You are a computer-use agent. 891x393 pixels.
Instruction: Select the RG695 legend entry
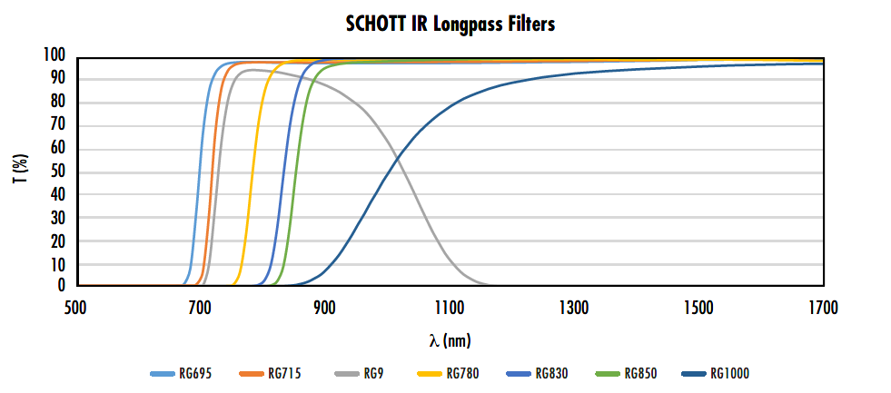coord(182,373)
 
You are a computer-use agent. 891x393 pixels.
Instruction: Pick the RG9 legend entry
coord(359,373)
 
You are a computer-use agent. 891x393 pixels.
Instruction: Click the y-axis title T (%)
coord(19,171)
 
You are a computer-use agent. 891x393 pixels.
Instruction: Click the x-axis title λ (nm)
coord(450,340)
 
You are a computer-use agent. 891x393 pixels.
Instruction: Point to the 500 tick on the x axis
coord(75,308)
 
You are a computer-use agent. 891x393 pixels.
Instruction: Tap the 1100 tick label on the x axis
coord(450,308)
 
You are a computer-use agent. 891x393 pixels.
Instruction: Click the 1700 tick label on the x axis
coord(823,308)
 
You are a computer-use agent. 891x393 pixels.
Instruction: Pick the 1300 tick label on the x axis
coord(574,308)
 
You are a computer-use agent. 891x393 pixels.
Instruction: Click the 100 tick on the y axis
coord(54,56)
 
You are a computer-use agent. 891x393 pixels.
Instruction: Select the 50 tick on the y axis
coord(58,172)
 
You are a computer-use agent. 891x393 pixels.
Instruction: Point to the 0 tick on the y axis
coord(62,286)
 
